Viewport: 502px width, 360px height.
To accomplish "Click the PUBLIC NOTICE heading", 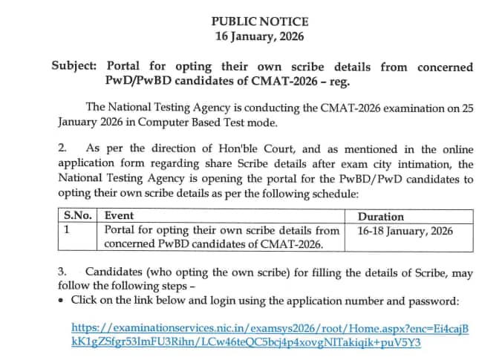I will tap(259, 22).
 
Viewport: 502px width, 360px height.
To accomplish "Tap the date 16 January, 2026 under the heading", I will tap(259, 36).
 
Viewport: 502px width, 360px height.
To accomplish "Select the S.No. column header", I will tap(78, 216).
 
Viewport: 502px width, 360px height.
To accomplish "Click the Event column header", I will tap(119, 216).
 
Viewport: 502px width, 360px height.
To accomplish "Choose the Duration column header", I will tap(381, 217).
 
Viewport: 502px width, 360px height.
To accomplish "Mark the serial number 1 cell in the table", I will tap(67, 230).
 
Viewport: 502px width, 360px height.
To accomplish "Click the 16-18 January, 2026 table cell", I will tap(405, 230).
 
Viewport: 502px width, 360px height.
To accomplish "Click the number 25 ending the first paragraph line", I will tap(466, 108).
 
